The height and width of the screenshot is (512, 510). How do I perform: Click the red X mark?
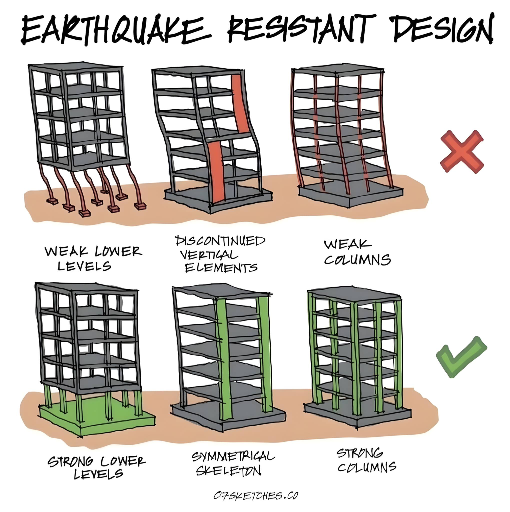click(x=462, y=151)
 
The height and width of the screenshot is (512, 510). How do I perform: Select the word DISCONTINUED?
click(x=220, y=241)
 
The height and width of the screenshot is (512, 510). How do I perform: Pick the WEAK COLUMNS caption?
click(x=357, y=252)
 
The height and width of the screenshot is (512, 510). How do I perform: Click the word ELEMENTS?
click(x=221, y=268)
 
